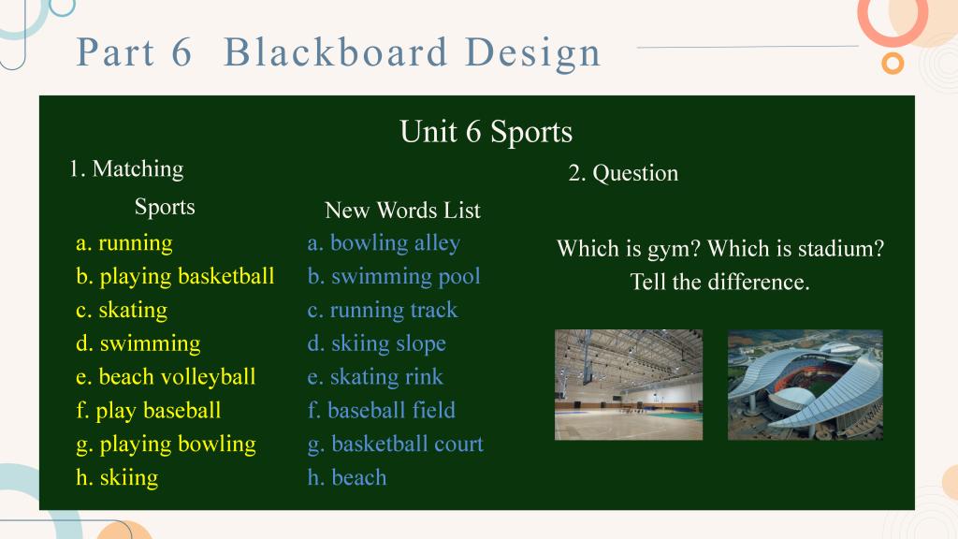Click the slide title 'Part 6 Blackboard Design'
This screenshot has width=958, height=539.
pyautogui.click(x=339, y=53)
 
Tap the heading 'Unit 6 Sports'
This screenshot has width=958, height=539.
pyautogui.click(x=486, y=132)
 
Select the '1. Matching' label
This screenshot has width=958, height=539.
pyautogui.click(x=126, y=169)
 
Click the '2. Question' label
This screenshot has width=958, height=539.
pyautogui.click(x=623, y=173)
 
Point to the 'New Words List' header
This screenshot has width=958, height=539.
pyautogui.click(x=402, y=211)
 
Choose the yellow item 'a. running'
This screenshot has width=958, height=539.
pyautogui.click(x=124, y=243)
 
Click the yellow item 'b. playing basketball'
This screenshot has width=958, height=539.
pyautogui.click(x=175, y=277)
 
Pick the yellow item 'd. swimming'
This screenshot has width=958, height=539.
pyautogui.click(x=138, y=344)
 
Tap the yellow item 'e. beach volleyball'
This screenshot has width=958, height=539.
pyautogui.click(x=166, y=377)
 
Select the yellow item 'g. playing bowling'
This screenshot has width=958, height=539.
pyautogui.click(x=166, y=444)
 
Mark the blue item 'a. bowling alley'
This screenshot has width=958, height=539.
pyautogui.click(x=384, y=243)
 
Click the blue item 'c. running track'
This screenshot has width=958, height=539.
pyautogui.click(x=383, y=311)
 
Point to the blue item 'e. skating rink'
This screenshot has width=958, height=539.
pyautogui.click(x=375, y=377)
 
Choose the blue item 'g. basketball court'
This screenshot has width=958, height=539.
pyautogui.click(x=396, y=444)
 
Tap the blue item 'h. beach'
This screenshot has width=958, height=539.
pyautogui.click(x=347, y=477)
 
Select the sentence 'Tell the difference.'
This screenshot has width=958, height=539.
pyautogui.click(x=719, y=283)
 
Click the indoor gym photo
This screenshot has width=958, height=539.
pyautogui.click(x=629, y=385)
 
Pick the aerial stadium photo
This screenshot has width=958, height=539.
pyautogui.click(x=806, y=385)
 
